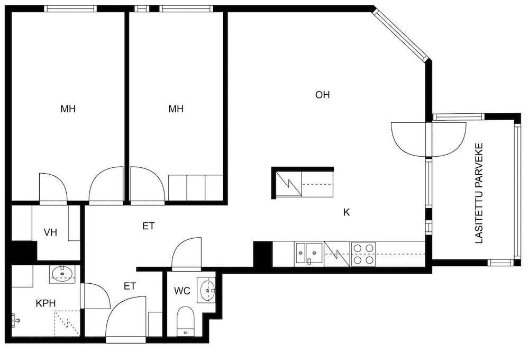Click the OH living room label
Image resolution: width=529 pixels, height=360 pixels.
pyautogui.click(x=322, y=95)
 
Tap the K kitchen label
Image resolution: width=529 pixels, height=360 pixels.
pyautogui.click(x=346, y=212)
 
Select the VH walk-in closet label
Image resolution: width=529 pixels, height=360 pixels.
pyautogui.click(x=50, y=232)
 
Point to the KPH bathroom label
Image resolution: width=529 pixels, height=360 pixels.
pyautogui.click(x=45, y=303)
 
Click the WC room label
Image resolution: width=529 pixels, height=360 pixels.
pyautogui.click(x=182, y=291)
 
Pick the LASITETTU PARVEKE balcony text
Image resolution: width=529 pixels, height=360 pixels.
pyautogui.click(x=479, y=193)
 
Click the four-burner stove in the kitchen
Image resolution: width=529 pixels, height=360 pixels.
pyautogui.click(x=363, y=254)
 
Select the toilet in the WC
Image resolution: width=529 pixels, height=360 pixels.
pyautogui.click(x=185, y=321)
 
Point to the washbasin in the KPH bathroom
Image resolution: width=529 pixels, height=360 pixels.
pyautogui.click(x=62, y=274)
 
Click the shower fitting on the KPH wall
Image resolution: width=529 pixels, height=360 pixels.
pyautogui.click(x=15, y=320)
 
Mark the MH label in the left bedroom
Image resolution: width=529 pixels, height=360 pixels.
pyautogui.click(x=68, y=109)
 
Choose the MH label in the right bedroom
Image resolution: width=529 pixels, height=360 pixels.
pyautogui.click(x=176, y=109)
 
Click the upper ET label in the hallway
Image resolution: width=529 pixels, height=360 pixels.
pyautogui.click(x=149, y=226)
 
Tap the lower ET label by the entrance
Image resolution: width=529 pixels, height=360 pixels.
pyautogui.click(x=130, y=286)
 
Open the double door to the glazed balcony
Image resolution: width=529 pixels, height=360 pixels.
pyautogui.click(x=429, y=139)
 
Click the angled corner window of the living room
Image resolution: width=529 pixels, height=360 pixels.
pyautogui.click(x=400, y=35)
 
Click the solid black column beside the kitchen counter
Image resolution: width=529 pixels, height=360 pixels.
pyautogui.click(x=263, y=254)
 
